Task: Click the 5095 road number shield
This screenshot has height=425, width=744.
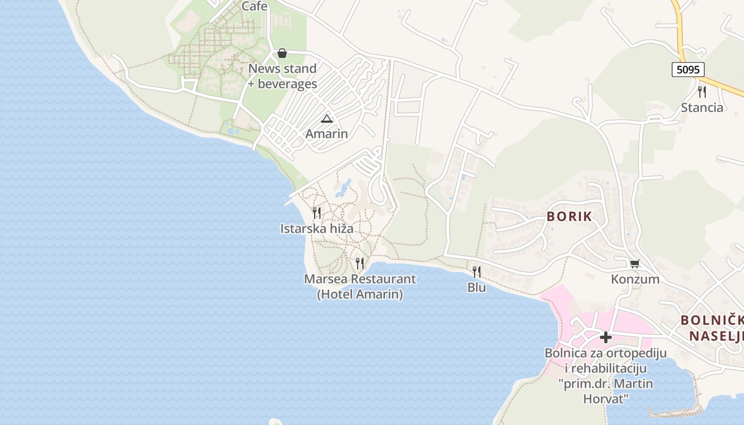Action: [688, 70]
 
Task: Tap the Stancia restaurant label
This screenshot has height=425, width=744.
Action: [702, 108]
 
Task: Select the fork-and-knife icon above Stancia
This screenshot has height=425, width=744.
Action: [702, 91]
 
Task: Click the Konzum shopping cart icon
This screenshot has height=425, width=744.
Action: [635, 263]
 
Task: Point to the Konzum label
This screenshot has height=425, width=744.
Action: [635, 279]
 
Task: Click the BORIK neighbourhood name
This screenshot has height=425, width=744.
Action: [569, 217]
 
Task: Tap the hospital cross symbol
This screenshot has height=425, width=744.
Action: [605, 337]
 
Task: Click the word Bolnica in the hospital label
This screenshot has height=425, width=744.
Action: [565, 353]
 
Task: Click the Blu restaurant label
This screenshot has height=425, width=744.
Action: [477, 288]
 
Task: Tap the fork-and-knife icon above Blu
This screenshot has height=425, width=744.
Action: [477, 272]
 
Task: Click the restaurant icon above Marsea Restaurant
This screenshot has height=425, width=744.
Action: [360, 262]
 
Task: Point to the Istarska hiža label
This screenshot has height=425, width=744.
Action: [317, 229]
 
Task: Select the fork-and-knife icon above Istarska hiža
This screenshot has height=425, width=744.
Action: [317, 213]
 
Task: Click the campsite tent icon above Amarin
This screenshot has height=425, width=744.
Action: [326, 118]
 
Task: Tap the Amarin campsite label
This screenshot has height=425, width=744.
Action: [326, 134]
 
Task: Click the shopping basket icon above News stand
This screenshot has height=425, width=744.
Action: [282, 53]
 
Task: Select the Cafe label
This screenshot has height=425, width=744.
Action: [255, 6]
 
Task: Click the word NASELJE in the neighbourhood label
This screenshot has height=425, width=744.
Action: [716, 336]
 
